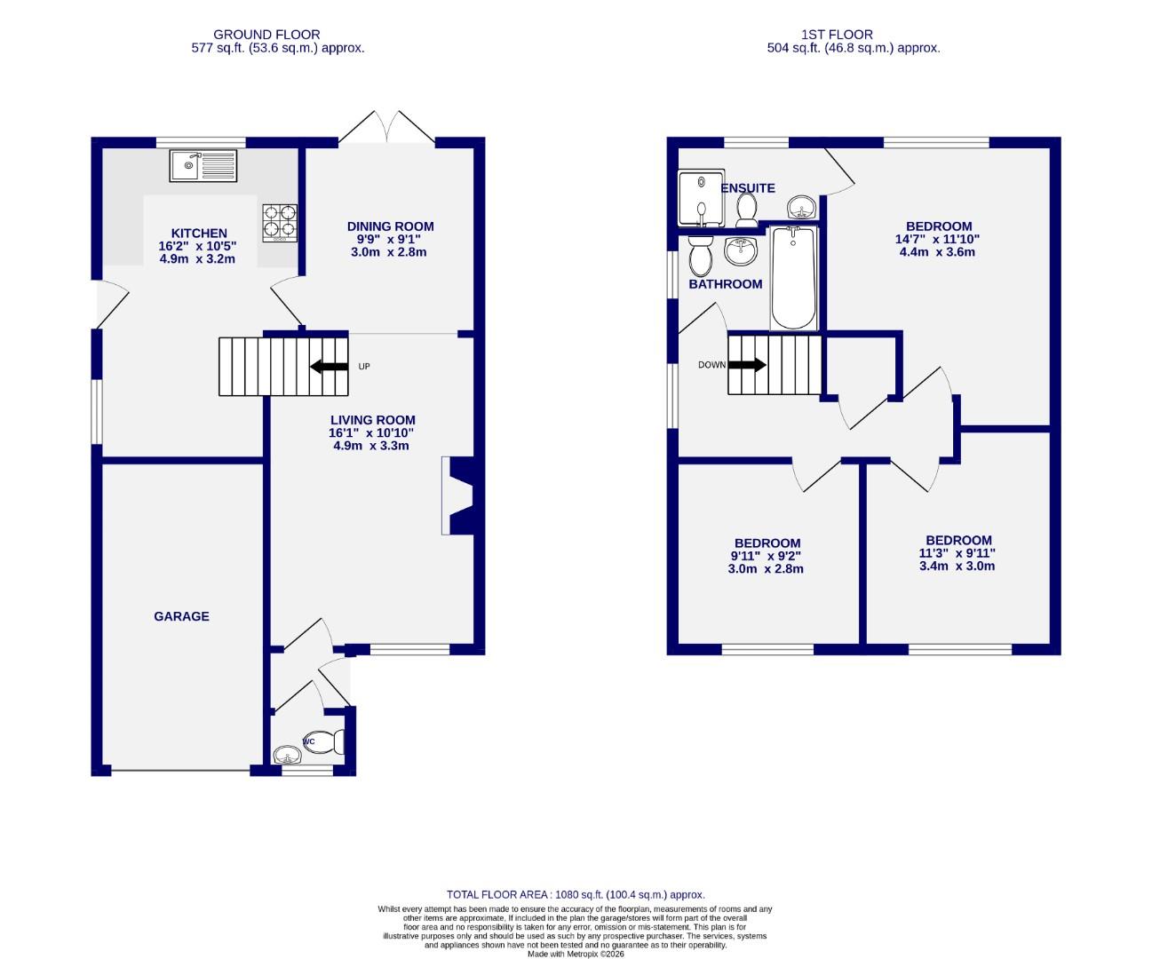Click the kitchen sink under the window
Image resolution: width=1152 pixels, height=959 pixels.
coord(203,165)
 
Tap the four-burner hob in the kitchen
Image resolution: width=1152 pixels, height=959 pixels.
coord(280,223)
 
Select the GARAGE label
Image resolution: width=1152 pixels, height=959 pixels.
coord(181,616)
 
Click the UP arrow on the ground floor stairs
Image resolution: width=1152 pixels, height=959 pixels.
coord(330,366)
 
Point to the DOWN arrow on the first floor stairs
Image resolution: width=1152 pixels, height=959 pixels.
coord(747,365)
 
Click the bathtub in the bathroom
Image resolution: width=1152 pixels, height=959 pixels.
coord(794,278)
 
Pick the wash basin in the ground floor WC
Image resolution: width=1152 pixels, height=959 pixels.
coord(286,756)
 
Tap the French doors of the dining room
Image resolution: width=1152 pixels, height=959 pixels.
coord(386,127)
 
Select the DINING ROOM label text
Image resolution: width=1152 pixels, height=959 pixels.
coord(390,226)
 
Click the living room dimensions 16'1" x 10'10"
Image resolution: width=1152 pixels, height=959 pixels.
coord(371,433)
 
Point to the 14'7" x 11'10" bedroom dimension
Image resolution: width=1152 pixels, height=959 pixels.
coord(938,239)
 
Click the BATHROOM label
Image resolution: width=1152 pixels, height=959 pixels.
coord(725,284)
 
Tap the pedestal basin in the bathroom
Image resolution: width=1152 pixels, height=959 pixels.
coord(741,251)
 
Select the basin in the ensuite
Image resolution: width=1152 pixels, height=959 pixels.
coord(802,209)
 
